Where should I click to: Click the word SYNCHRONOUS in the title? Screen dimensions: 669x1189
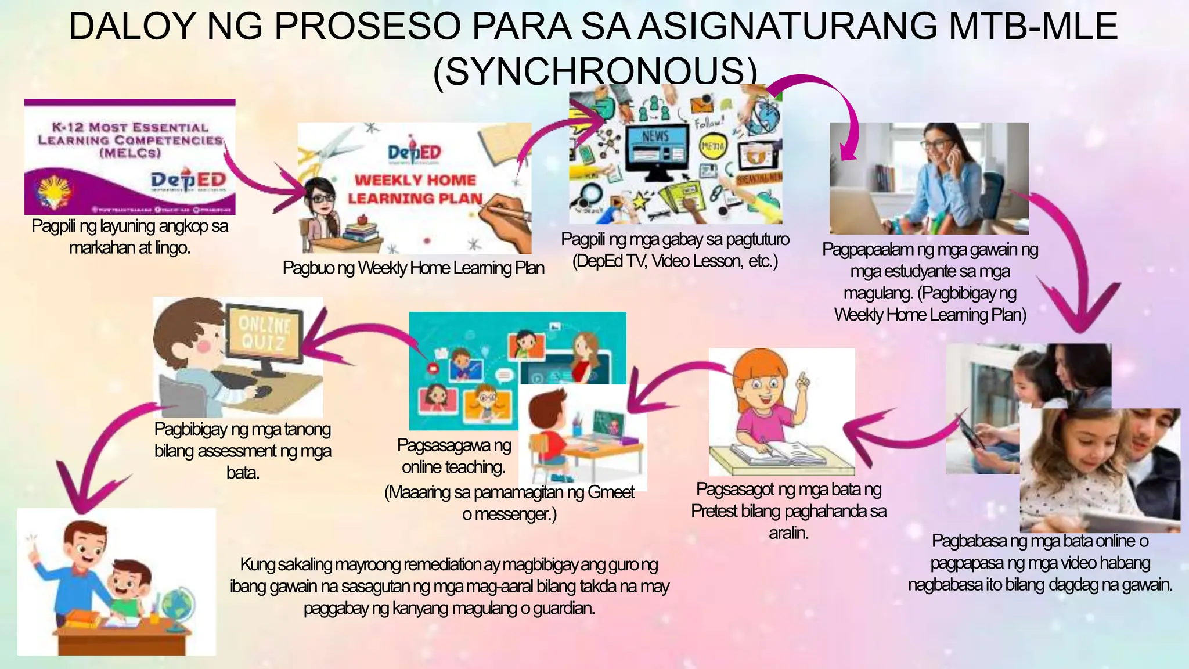click(x=595, y=71)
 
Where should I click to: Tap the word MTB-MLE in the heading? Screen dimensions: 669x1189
click(x=1025, y=27)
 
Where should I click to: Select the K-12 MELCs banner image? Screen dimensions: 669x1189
click(x=129, y=157)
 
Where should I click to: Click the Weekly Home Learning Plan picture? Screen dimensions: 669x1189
click(x=414, y=188)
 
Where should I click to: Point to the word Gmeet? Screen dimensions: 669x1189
click(x=611, y=492)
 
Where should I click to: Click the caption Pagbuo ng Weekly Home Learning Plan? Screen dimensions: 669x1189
click(x=413, y=268)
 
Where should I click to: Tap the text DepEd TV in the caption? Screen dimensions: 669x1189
click(x=610, y=261)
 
